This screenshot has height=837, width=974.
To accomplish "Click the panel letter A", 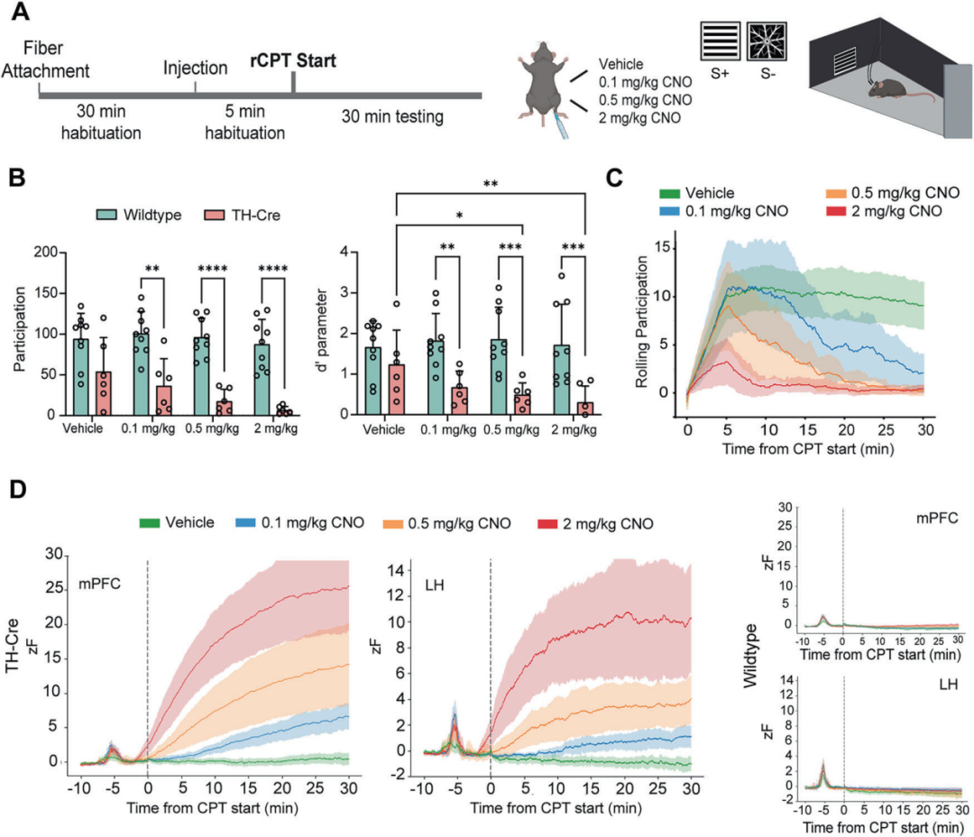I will point(23,14).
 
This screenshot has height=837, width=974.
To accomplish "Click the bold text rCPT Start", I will point(293,63).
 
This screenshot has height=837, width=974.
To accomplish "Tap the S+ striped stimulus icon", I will point(721,41).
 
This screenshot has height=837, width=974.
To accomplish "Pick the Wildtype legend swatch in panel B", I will point(111,216).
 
